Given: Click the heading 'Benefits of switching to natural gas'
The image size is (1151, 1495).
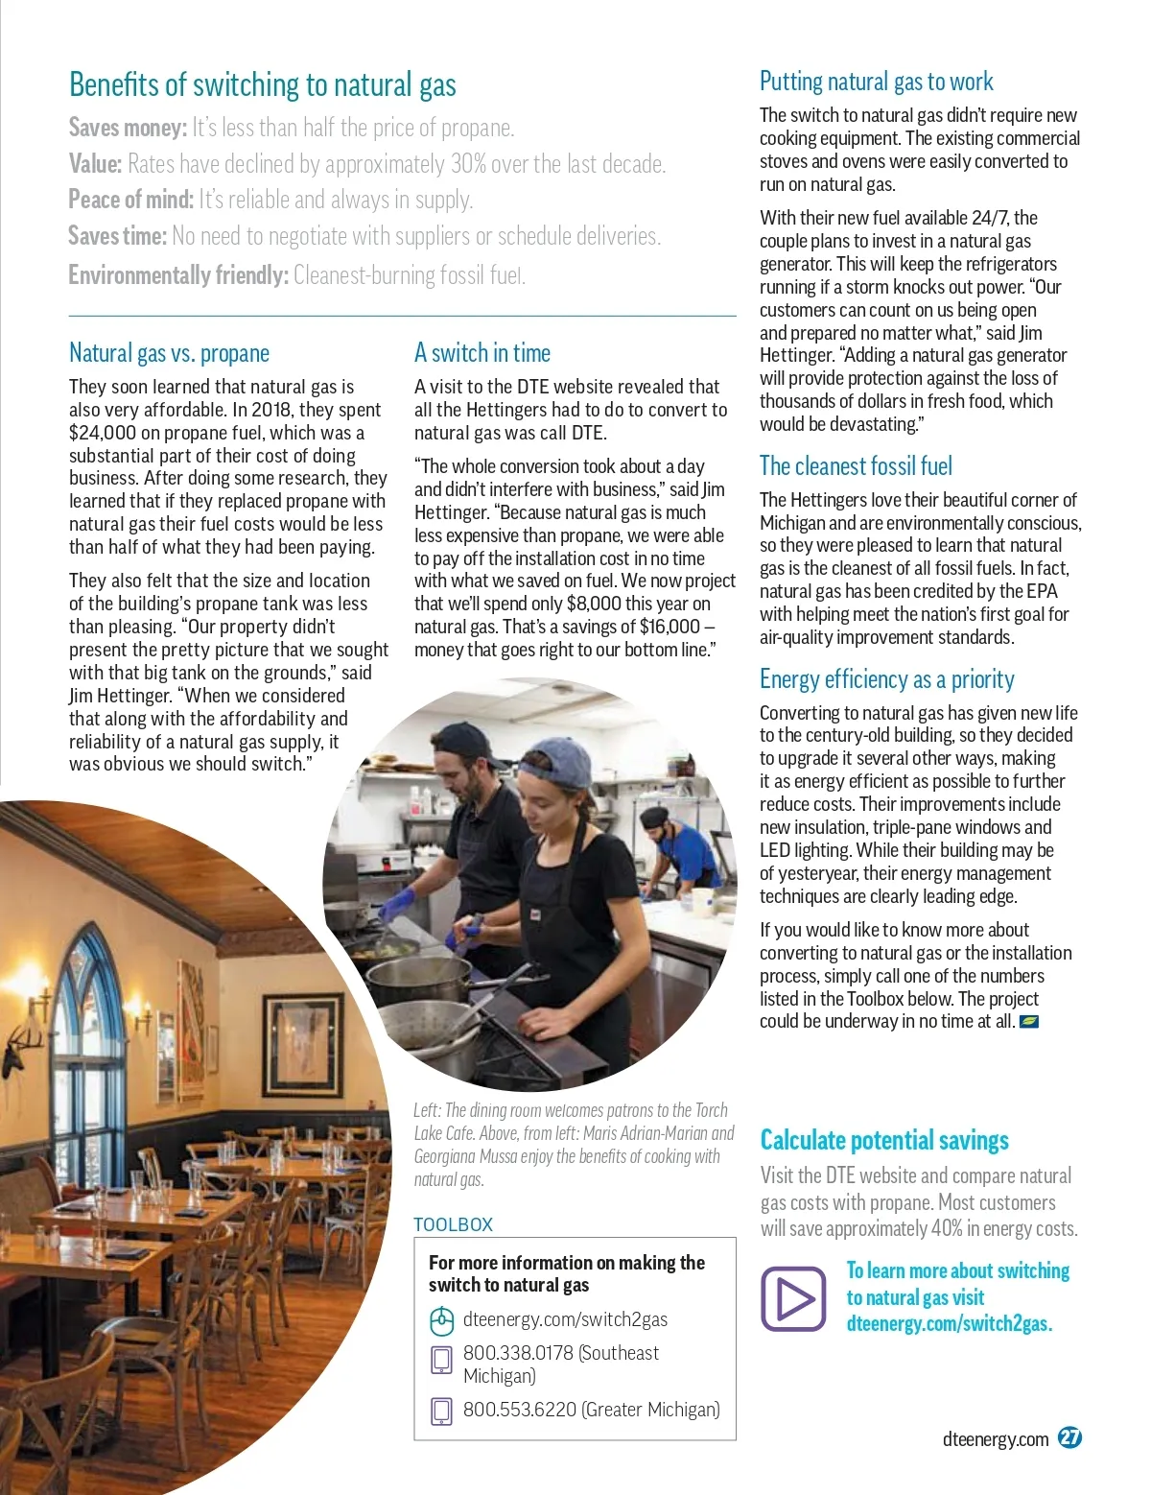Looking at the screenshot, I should pos(262,85).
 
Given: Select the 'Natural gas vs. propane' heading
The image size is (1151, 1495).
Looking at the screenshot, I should pos(169,353).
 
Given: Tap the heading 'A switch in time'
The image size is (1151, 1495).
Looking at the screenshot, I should pos(482,353).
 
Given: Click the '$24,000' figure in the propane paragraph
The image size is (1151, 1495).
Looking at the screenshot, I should pos(102,433).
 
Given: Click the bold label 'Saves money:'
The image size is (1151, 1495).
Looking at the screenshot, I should pos(128,128).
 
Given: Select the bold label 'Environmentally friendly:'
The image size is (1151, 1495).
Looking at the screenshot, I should pos(177,275).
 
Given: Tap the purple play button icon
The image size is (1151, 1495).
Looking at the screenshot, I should pos(793,1298).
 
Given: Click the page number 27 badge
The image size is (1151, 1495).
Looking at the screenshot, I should pos(1069,1437).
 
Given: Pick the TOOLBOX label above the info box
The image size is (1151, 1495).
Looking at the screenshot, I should pos(453,1224).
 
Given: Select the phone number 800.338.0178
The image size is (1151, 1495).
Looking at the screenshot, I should pos(518,1353).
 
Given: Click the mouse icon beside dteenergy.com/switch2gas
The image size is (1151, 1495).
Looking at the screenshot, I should pos(440,1321).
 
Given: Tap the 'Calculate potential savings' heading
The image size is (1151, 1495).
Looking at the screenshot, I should pos(883,1140).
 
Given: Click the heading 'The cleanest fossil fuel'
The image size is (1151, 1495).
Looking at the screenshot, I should pos(856,466).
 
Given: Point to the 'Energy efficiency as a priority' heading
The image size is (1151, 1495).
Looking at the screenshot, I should pos(886,679).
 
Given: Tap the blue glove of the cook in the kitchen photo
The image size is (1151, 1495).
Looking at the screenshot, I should pos(396,906).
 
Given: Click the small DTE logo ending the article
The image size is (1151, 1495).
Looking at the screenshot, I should pos(1028,1021).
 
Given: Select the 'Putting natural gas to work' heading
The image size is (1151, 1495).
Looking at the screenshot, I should pos(876,82).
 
